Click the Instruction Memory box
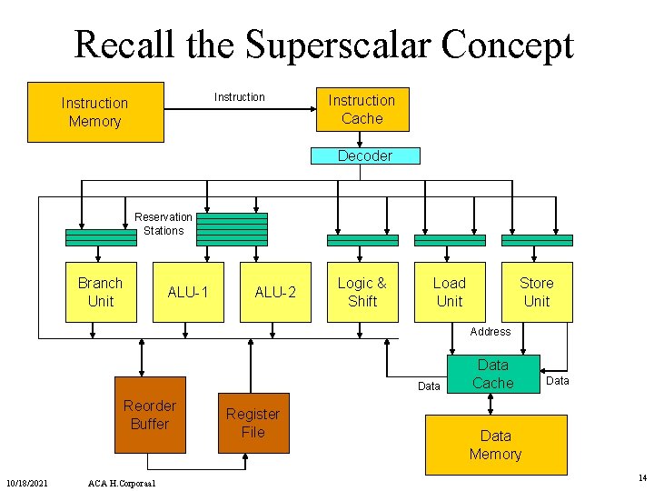click(x=95, y=112)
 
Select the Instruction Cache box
click(x=362, y=109)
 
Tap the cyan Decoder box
click(x=365, y=155)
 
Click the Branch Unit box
click(x=101, y=292)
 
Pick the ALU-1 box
click(x=188, y=292)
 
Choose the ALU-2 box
click(x=275, y=292)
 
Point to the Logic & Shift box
click(x=362, y=292)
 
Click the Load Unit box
click(x=450, y=292)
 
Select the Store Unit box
click(x=537, y=292)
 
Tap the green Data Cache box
click(x=493, y=375)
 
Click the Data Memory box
click(x=496, y=445)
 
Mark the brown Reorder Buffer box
click(x=150, y=415)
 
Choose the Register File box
click(x=253, y=423)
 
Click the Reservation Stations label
click(x=163, y=224)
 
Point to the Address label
click(x=490, y=332)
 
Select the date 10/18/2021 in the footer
click(x=28, y=481)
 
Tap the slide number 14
click(x=642, y=477)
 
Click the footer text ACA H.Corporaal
click(x=123, y=481)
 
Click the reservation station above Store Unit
click(x=537, y=240)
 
